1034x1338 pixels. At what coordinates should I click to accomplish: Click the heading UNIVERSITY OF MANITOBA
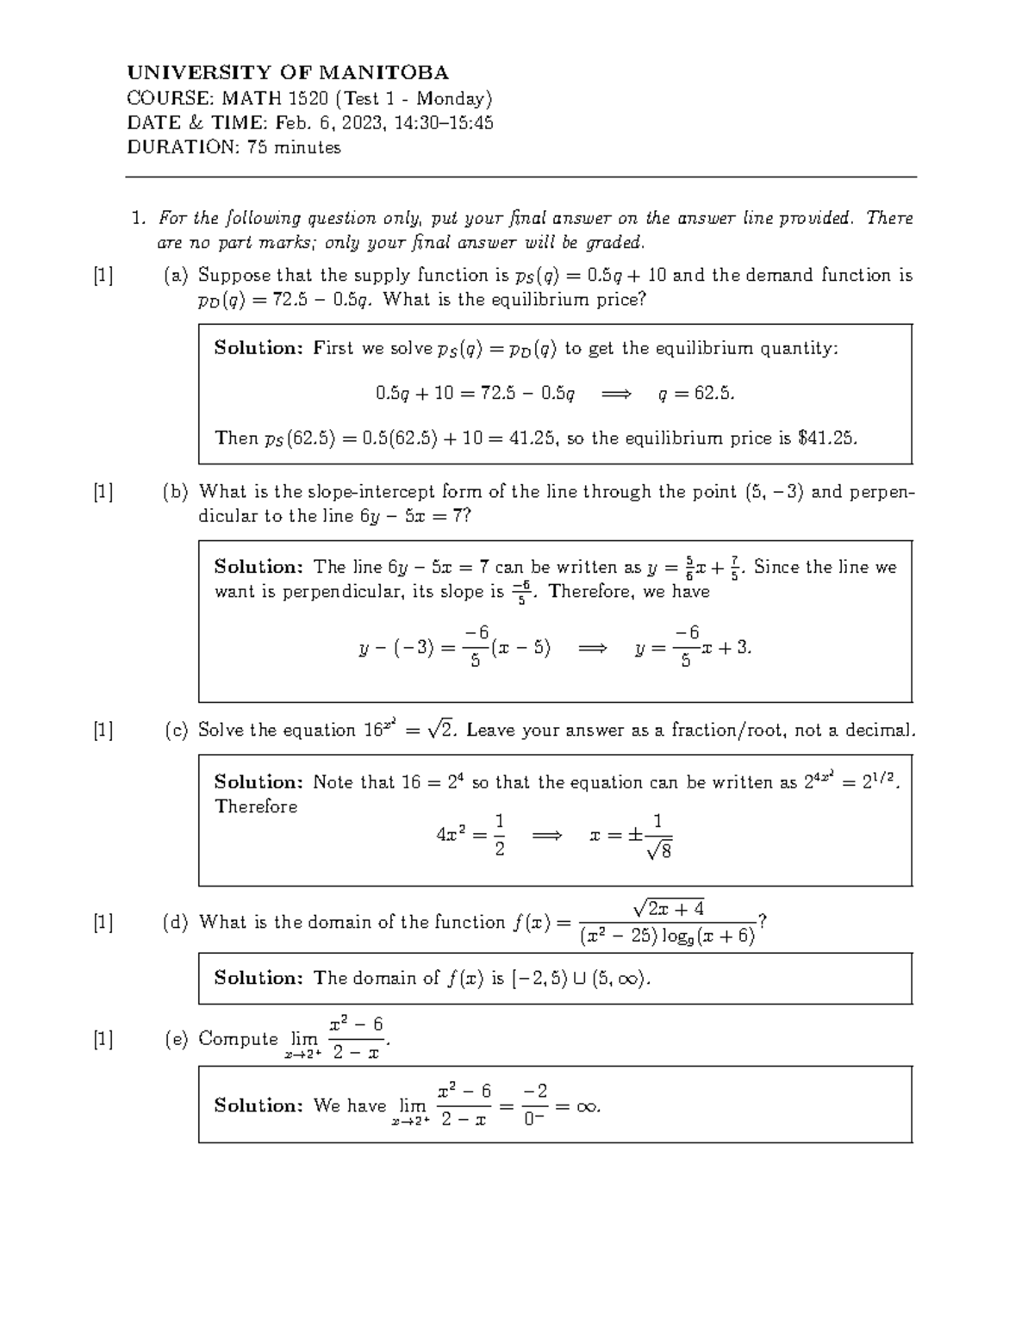288,72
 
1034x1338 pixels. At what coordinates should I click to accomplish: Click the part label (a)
176,276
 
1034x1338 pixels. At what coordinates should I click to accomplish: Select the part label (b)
176,492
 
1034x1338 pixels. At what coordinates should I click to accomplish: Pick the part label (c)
176,731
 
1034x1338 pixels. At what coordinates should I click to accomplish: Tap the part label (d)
176,923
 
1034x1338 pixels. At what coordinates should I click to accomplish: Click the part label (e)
176,1039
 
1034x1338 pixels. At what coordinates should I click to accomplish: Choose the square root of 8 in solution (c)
660,850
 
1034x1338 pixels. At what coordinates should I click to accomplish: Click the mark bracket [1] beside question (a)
103,276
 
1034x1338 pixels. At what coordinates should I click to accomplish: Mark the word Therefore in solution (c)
256,806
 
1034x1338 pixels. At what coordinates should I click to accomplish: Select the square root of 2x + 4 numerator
669,908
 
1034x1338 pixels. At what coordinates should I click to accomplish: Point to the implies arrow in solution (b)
592,648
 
